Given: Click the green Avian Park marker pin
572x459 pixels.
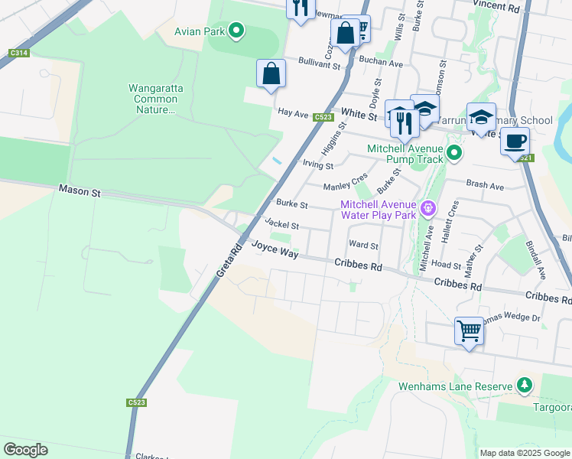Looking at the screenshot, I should coord(236,31).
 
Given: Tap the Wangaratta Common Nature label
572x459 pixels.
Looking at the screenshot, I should coord(155,99).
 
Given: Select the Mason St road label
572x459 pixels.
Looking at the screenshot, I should coord(80,192).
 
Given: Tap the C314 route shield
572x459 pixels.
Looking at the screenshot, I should coord(20,53).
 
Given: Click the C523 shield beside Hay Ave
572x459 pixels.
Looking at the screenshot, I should coord(323,117).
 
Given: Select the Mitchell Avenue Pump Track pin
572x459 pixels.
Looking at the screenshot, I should coord(454,154).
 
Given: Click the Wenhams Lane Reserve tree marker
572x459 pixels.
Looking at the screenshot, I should coord(524,386).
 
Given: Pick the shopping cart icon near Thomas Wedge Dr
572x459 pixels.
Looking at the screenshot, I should coord(469,331).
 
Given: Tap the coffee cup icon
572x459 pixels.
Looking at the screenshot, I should coord(515,142).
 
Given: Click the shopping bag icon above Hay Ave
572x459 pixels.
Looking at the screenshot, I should coord(271,74).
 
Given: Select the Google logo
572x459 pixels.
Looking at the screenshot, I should coord(25,450).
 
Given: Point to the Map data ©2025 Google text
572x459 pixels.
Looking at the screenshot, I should coord(525,452).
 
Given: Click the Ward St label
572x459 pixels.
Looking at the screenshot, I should coord(363,246).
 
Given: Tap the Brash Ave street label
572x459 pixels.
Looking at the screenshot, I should coord(486,186).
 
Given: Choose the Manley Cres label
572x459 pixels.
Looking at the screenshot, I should coord(346,184).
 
